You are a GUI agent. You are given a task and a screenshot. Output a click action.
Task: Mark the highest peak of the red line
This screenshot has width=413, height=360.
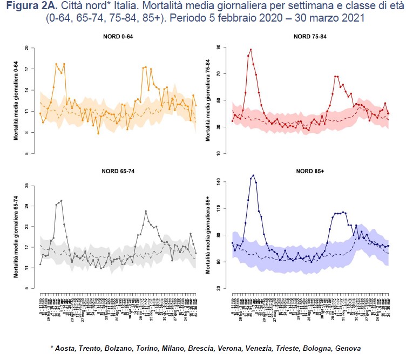coord(250,50)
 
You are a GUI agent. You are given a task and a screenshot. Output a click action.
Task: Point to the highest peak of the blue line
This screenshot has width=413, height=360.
coord(253,175)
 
